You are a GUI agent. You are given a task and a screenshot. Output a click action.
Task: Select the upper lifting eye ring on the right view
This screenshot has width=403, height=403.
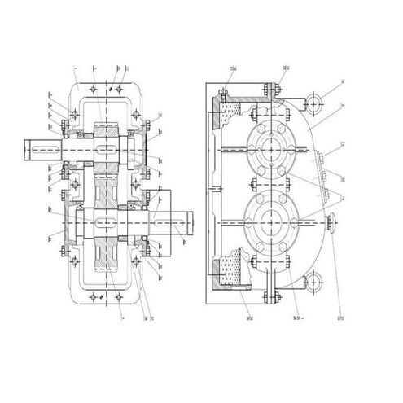[313, 102]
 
